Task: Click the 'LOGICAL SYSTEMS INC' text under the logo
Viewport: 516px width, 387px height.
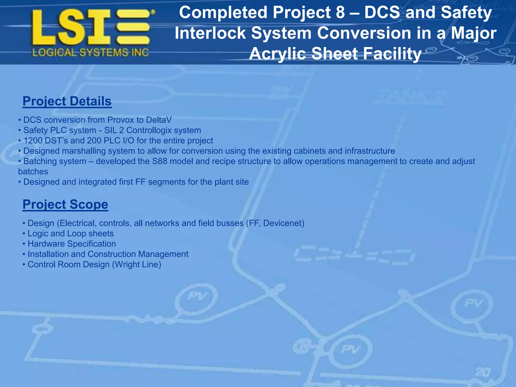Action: click(90, 53)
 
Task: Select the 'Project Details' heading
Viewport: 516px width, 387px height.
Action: click(67, 101)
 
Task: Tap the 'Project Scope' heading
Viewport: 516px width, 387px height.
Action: click(65, 204)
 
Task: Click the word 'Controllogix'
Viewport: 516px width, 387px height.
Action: click(150, 130)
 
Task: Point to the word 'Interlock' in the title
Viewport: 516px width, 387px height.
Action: click(210, 33)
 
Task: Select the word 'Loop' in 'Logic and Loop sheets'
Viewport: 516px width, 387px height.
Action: click(76, 234)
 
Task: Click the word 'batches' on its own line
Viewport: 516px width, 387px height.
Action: click(33, 172)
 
